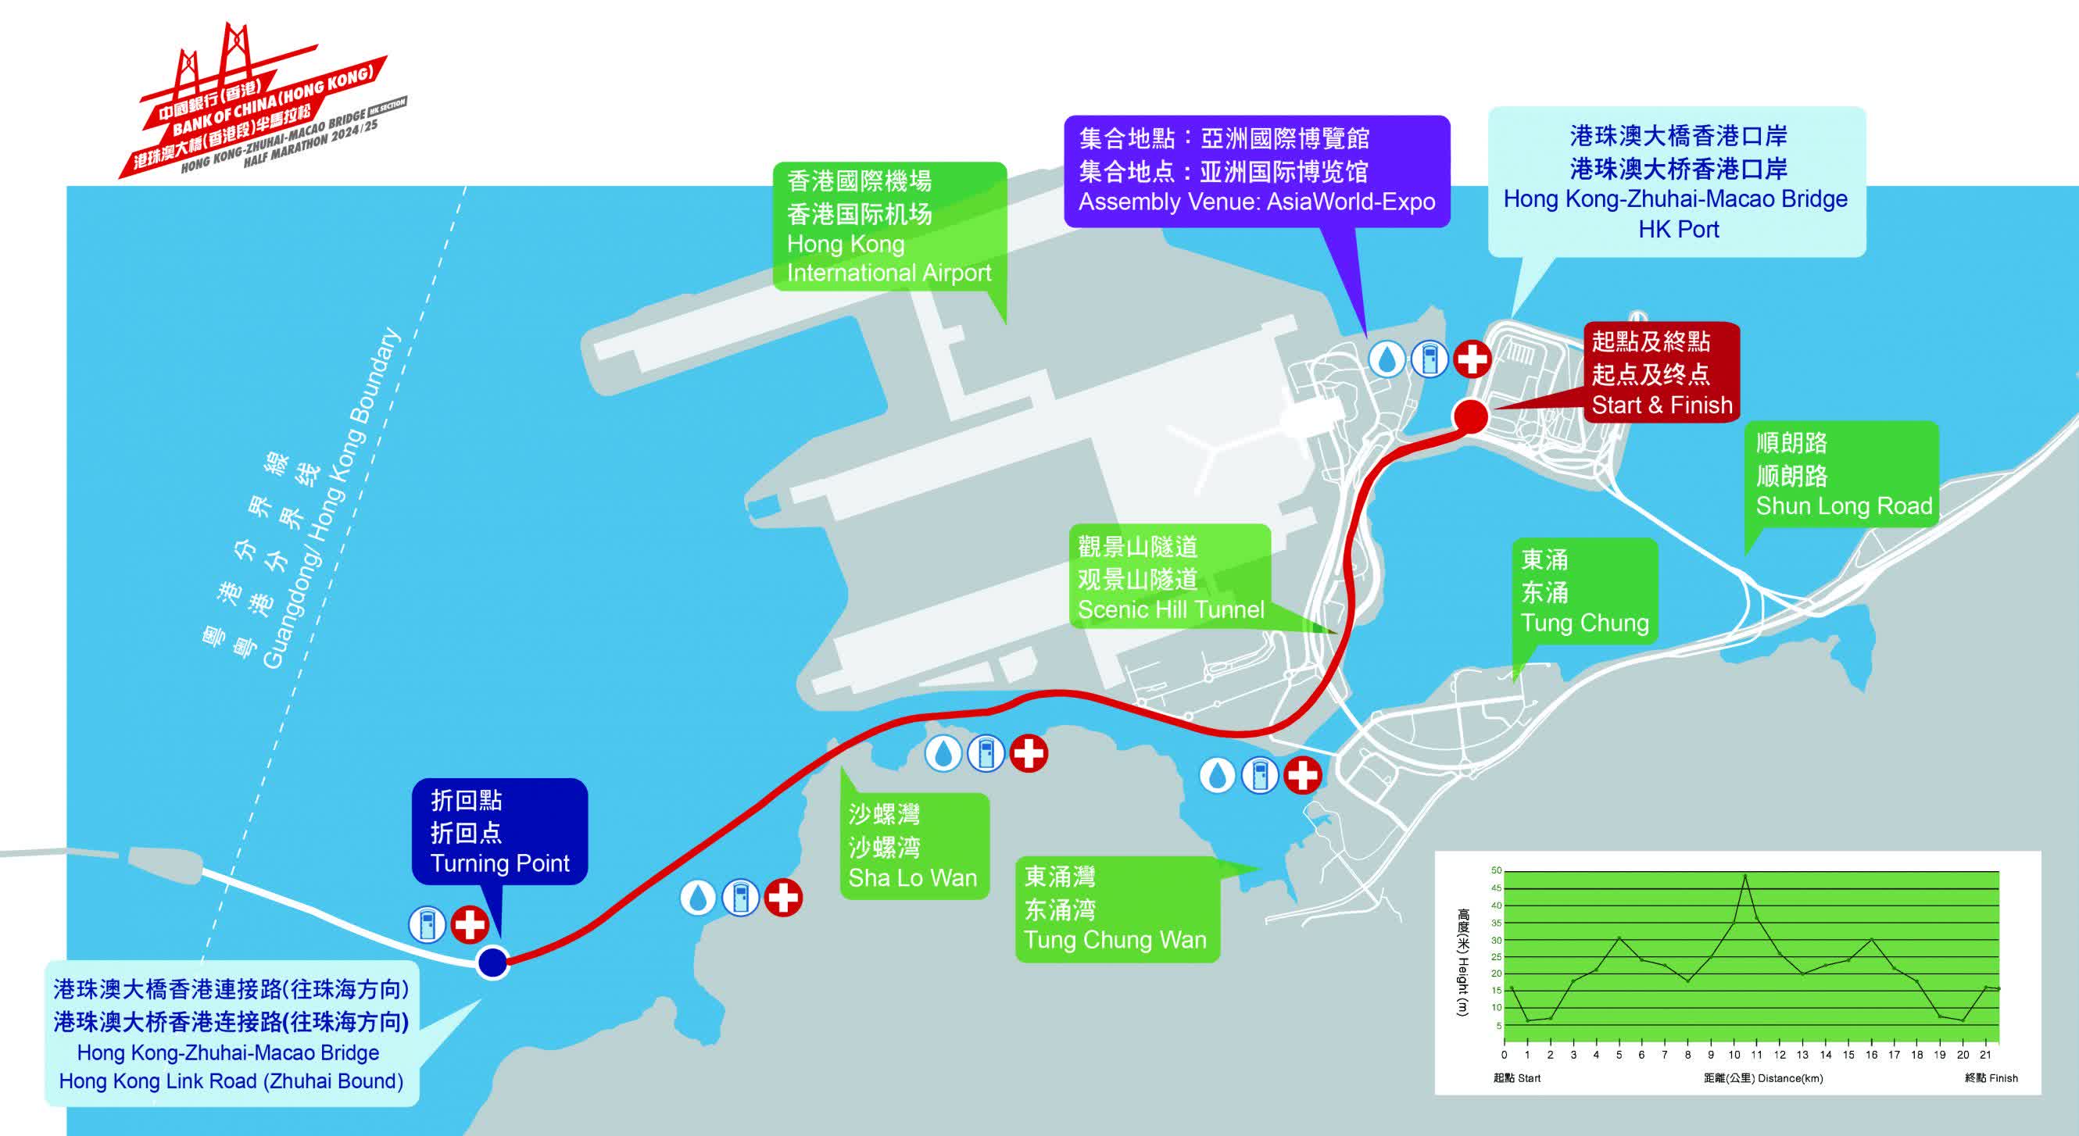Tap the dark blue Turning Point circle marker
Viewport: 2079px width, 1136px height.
coord(492,962)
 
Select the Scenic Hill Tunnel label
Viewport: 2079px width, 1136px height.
coord(1170,577)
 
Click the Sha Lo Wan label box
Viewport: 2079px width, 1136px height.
coord(914,845)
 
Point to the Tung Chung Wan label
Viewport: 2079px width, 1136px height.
coord(1117,909)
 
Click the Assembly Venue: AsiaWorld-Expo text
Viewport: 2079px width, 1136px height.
coord(1257,202)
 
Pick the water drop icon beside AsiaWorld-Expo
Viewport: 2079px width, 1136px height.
coord(1387,359)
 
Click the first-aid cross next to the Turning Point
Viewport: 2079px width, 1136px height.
coord(469,923)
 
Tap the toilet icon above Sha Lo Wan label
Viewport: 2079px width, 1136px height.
coord(986,755)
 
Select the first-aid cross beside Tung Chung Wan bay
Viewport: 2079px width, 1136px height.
coord(1302,775)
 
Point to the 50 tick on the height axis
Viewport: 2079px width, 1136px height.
coord(1496,870)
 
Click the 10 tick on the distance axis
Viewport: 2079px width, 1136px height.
coord(1734,1055)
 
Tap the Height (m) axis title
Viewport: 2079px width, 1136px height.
coord(1462,963)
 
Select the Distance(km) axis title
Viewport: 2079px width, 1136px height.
coord(1763,1078)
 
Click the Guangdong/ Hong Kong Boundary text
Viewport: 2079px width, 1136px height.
coord(331,498)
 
